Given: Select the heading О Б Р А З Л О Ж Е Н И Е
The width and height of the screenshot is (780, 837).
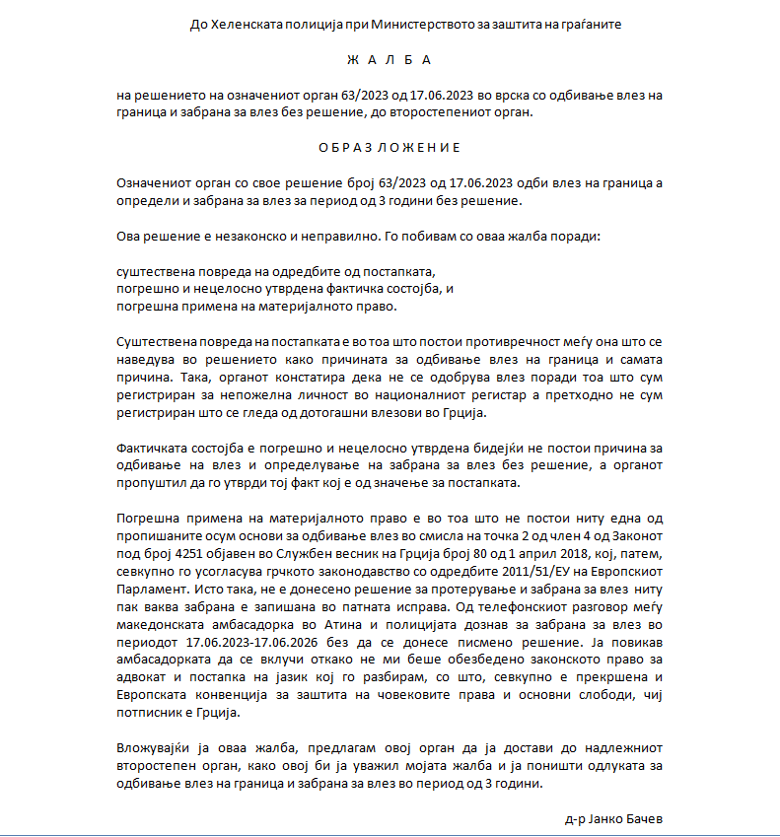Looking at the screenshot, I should [390, 148].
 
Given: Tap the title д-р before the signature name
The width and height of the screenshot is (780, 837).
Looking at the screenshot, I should [576, 819].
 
